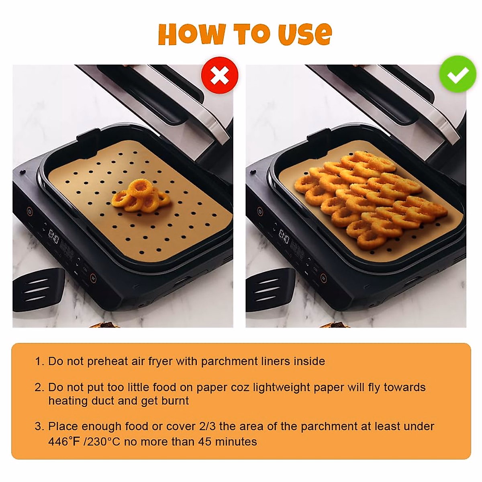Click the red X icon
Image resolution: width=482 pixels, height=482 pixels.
(x=220, y=76)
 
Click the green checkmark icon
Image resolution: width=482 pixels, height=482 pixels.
(x=457, y=75)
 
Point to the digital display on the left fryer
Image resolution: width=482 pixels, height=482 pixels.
(x=53, y=237)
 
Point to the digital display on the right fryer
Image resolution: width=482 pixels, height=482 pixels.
(x=284, y=237)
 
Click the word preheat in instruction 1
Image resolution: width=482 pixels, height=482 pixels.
(x=107, y=361)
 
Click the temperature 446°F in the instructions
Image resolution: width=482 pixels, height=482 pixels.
(x=64, y=441)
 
